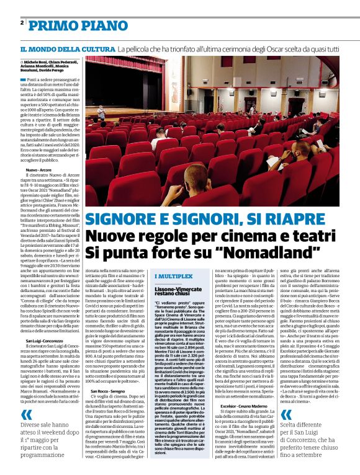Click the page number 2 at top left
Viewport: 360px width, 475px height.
click(22, 23)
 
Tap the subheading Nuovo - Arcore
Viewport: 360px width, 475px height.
click(38, 169)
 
